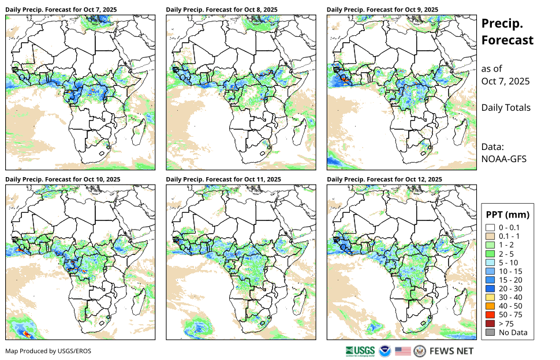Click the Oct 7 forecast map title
click(61, 10)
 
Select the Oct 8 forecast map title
click(222, 10)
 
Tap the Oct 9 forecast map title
click(382, 10)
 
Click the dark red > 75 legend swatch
click(490, 324)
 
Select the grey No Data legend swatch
click(490, 332)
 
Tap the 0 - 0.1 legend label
click(509, 228)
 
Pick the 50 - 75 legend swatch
click(490, 315)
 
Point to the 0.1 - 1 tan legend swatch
click(490, 237)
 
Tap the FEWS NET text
click(451, 351)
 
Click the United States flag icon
click(403, 351)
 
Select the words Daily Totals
click(506, 107)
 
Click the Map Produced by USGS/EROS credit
click(48, 351)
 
